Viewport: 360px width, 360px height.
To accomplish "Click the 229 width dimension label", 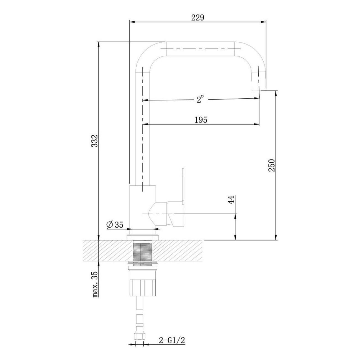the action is (x=198, y=18).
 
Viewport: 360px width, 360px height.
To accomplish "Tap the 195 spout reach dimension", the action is (x=201, y=120).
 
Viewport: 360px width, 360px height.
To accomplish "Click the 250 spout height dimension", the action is (x=271, y=165).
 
